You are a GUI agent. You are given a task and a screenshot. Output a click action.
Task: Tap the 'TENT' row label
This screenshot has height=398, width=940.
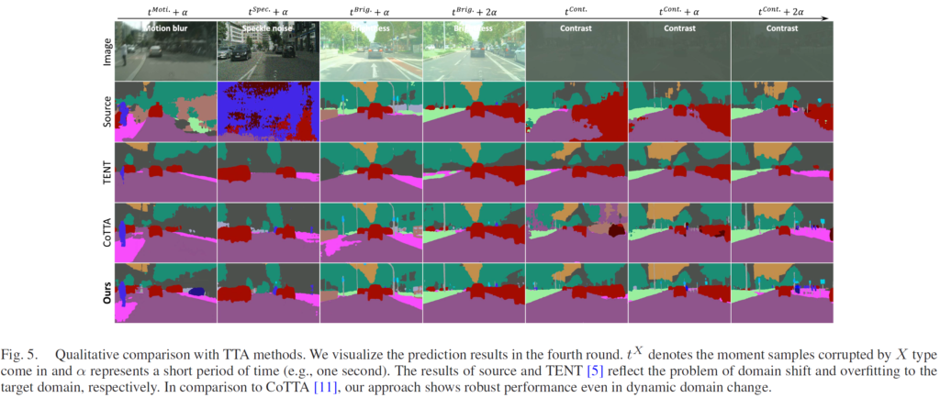click(x=107, y=171)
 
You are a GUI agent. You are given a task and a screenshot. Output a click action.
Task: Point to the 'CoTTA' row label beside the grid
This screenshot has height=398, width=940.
click(x=107, y=231)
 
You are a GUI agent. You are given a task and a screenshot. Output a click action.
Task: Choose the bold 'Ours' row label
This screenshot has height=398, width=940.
click(x=107, y=293)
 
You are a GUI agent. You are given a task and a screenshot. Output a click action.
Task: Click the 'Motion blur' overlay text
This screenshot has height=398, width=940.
click(x=165, y=28)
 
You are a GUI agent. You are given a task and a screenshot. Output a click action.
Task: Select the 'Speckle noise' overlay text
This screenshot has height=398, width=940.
click(x=268, y=28)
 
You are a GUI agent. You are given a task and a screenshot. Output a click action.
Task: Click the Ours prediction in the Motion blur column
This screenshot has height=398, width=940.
click(x=165, y=293)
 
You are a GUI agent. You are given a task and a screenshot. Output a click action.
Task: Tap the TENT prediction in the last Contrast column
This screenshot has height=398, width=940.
click(x=782, y=171)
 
